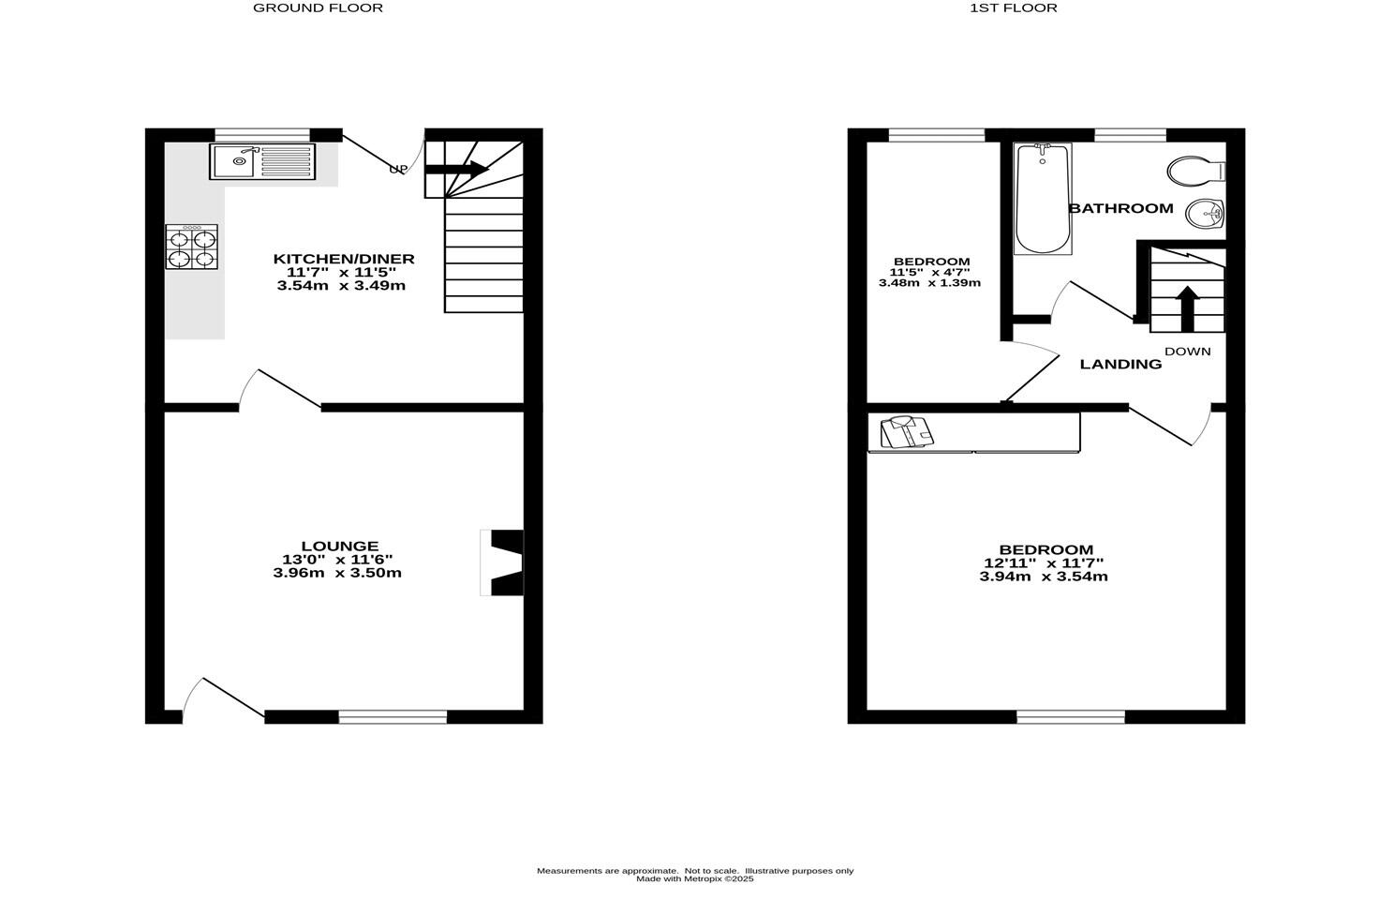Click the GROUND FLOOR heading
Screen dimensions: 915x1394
[x=318, y=8]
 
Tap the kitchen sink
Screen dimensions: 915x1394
[x=262, y=161]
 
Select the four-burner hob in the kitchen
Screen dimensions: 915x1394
[x=192, y=247]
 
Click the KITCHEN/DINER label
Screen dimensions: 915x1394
[x=343, y=259]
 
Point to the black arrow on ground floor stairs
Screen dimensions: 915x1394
[x=456, y=170]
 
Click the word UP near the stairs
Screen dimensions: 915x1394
[x=398, y=170]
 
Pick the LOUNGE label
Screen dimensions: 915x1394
[x=339, y=546]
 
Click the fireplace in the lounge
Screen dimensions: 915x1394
[x=504, y=562]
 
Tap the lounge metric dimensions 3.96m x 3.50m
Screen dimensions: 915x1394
[x=337, y=573]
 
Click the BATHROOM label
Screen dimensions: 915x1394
[x=1121, y=208]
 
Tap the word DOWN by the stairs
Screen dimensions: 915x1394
[x=1187, y=352]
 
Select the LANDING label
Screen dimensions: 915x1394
[x=1120, y=365]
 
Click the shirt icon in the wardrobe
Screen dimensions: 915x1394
[x=906, y=433]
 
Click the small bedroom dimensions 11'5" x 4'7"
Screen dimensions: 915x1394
[x=930, y=272]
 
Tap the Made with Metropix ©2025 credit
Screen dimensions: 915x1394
[x=694, y=879]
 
